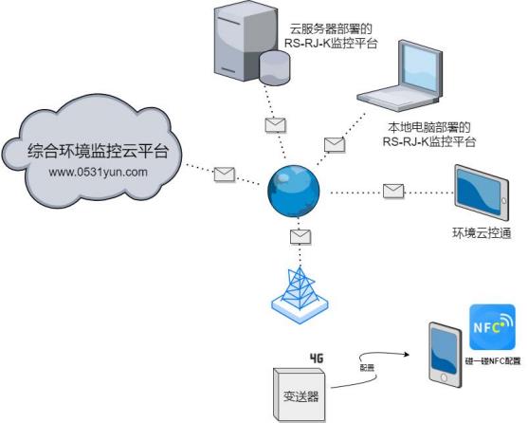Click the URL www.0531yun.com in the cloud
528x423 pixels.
tap(98, 172)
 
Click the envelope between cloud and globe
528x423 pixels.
tap(224, 174)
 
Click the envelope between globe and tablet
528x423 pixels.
tap(393, 190)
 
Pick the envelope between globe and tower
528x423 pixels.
tap(300, 236)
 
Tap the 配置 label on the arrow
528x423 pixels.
tap(366, 366)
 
